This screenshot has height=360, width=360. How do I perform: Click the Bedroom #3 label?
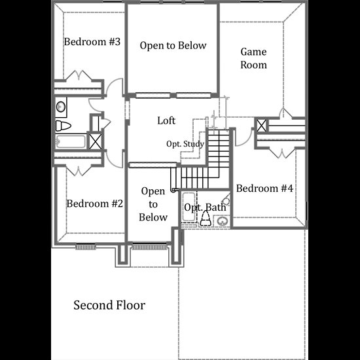(92, 42)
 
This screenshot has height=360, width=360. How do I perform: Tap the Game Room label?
(253, 58)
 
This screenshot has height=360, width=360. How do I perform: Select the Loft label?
(166, 120)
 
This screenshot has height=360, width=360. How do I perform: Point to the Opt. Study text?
(185, 144)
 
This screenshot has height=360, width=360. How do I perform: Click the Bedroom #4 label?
(264, 189)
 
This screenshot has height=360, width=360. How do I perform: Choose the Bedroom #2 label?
(95, 204)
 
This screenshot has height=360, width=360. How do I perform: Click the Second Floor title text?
(109, 305)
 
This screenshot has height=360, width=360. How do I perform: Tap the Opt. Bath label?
(205, 207)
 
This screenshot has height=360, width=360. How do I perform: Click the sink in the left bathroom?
(61, 107)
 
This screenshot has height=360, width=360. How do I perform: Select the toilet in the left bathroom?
(63, 126)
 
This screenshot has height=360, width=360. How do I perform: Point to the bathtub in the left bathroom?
(71, 141)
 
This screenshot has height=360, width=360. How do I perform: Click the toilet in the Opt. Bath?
(206, 219)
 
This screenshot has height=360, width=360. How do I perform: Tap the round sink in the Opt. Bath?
(223, 221)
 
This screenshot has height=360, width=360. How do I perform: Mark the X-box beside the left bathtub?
(96, 141)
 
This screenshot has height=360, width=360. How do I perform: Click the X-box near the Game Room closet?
(261, 126)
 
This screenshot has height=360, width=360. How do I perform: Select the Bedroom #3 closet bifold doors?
(79, 75)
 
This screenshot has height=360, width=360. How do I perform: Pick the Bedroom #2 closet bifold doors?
(79, 170)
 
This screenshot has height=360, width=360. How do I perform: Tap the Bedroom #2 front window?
(85, 247)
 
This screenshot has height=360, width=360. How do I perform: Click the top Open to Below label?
(173, 45)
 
